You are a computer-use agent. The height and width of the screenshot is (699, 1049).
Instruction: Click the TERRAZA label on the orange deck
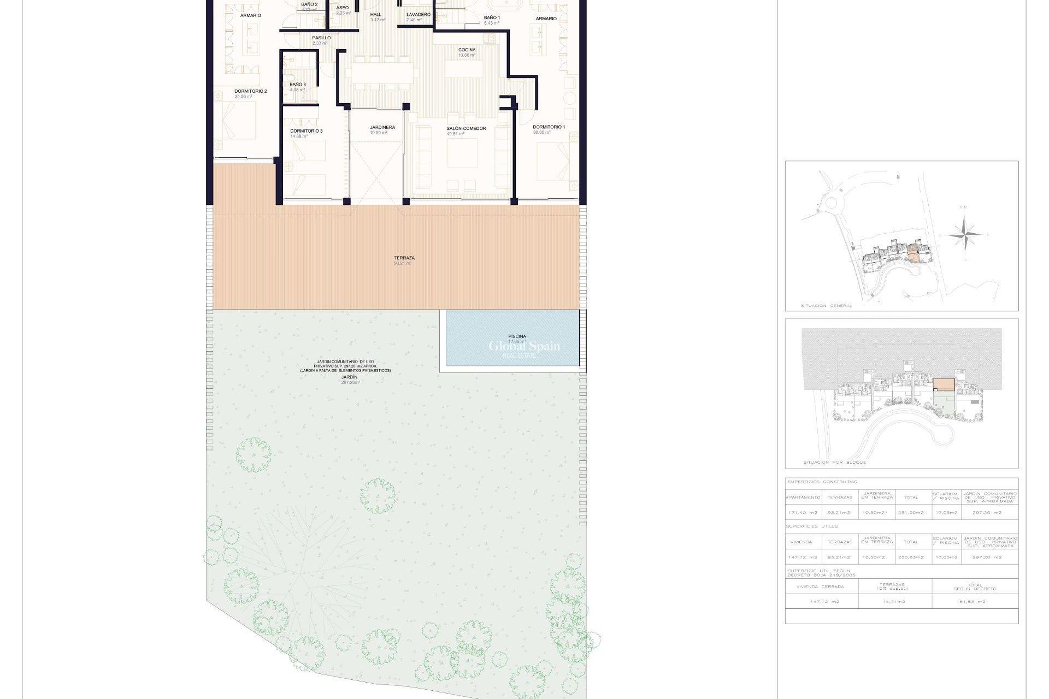pos(404,258)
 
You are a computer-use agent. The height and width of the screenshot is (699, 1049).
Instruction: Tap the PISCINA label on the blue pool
pos(517,336)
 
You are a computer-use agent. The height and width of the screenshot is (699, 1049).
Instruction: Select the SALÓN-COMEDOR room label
pos(466,129)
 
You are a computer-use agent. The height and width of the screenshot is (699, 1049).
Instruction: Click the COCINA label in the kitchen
pos(467,50)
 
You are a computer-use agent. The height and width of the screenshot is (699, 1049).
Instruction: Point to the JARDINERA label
pos(382,128)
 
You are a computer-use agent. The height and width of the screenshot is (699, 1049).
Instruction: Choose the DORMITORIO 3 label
pos(306,131)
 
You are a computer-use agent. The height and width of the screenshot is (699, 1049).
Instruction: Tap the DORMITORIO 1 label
pos(549,127)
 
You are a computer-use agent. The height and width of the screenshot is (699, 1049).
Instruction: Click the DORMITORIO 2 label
pos(250,92)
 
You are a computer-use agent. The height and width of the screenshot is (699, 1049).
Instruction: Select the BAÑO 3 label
pos(297,85)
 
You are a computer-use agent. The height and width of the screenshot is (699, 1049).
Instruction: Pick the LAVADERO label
pos(418,15)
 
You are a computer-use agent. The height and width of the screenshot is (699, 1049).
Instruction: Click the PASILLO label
pos(321,38)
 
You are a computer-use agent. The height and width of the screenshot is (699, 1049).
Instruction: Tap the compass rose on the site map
pos(965,235)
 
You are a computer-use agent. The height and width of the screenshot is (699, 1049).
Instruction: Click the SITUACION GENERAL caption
pos(826,306)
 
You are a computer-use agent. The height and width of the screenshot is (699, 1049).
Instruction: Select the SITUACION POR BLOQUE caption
pos(834,463)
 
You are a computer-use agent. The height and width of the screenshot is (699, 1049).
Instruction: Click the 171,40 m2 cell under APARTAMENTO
pos(803,513)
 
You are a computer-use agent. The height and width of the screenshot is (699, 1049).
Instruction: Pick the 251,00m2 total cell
pos(911,513)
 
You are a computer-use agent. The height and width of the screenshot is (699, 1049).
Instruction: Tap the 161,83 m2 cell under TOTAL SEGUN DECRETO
pos(975,602)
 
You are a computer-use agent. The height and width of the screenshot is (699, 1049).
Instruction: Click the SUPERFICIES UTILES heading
pos(811,526)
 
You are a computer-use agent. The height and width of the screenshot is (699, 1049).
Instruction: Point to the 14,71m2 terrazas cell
pos(894,602)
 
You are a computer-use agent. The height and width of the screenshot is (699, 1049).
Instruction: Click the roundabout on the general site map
pos(830,205)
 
